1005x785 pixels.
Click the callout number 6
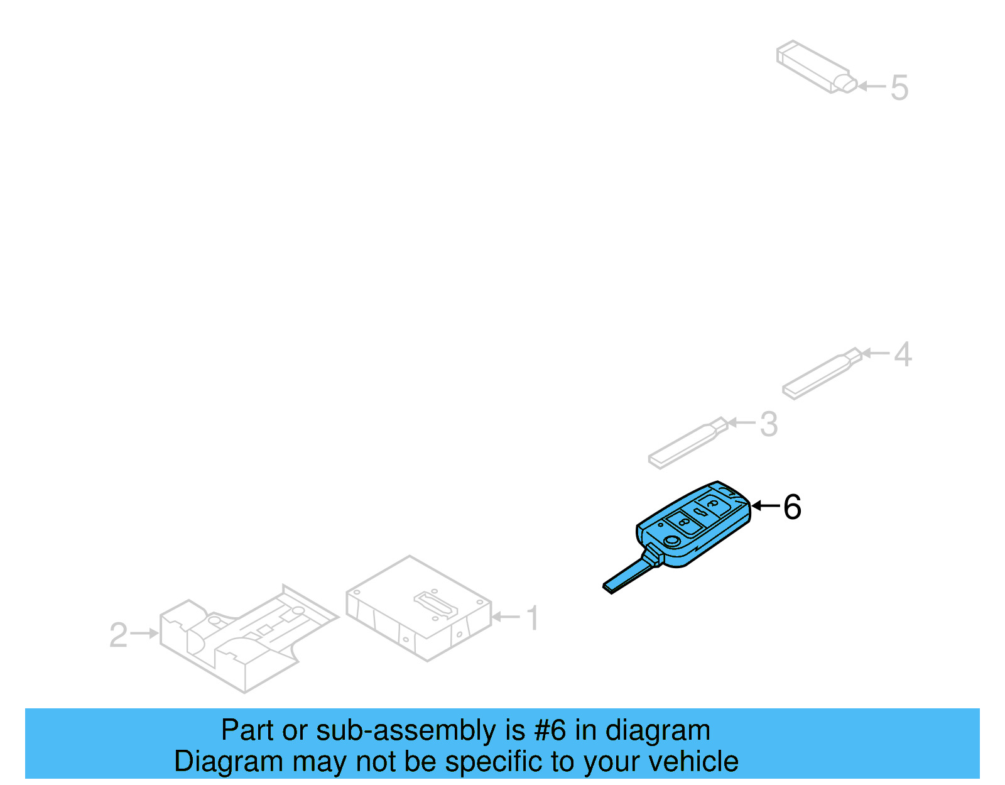pyautogui.click(x=792, y=507)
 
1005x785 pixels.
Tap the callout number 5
pyautogui.click(x=899, y=87)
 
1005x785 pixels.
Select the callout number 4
pyautogui.click(x=903, y=354)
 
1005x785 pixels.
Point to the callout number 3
pyautogui.click(x=769, y=424)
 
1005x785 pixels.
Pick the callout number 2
pyautogui.click(x=119, y=635)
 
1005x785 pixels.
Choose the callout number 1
pyautogui.click(x=533, y=618)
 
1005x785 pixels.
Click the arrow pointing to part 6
pyautogui.click(x=765, y=506)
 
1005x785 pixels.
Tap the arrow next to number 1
pyautogui.click(x=506, y=617)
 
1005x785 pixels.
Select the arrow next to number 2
pyautogui.click(x=145, y=634)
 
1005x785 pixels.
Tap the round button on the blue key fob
pyautogui.click(x=671, y=542)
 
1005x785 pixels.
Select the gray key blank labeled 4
pyautogui.click(x=820, y=375)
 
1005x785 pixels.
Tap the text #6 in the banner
pyautogui.click(x=550, y=731)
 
